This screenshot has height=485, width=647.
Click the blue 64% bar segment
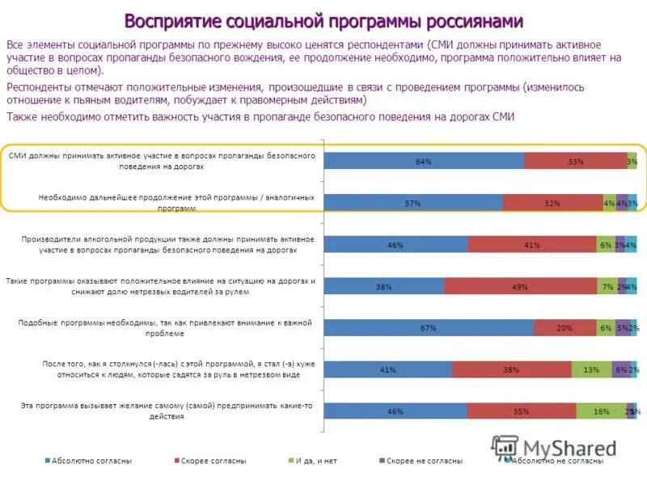pyautogui.click(x=424, y=161)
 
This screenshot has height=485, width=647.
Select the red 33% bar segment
pyautogui.click(x=575, y=161)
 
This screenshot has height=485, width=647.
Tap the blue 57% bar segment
pyautogui.click(x=413, y=203)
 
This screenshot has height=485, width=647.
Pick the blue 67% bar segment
pyautogui.click(x=429, y=327)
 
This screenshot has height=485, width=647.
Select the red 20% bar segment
pyautogui.click(x=565, y=327)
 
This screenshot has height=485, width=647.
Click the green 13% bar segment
pyautogui.click(x=591, y=369)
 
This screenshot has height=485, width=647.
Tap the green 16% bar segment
pyautogui.click(x=601, y=411)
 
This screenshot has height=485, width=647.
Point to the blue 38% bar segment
pyautogui.click(x=384, y=286)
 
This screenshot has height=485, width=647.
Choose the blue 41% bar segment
pyautogui.click(x=388, y=369)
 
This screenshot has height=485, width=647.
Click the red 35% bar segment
pyautogui.click(x=521, y=411)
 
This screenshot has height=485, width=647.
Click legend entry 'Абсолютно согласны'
pyautogui.click(x=91, y=461)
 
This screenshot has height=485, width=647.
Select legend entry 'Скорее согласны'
pyautogui.click(x=214, y=461)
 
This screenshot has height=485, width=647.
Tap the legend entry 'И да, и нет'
pyautogui.click(x=316, y=461)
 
